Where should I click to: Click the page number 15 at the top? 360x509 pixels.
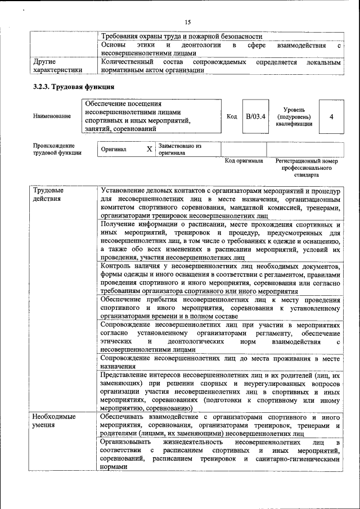pyautogui.click(x=188, y=22)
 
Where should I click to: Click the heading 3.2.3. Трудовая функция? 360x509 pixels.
pyautogui.click(x=73, y=87)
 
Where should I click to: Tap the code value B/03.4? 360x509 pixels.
pyautogui.click(x=255, y=116)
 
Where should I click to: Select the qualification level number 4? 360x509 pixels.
pyautogui.click(x=331, y=116)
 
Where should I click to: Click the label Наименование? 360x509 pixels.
pyautogui.click(x=52, y=116)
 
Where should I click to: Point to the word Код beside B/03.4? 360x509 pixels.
pyautogui.click(x=231, y=116)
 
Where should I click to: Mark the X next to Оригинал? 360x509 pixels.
pyautogui.click(x=149, y=150)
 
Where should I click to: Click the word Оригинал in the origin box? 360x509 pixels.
pyautogui.click(x=114, y=150)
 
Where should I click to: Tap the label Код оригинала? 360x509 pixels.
pyautogui.click(x=244, y=161)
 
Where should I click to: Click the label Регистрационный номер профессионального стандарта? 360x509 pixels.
pyautogui.click(x=307, y=168)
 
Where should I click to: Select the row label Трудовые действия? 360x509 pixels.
pyautogui.click(x=48, y=194)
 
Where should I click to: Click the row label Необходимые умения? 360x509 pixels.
pyautogui.click(x=54, y=421)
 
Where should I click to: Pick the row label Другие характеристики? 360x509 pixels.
pyautogui.click(x=57, y=66)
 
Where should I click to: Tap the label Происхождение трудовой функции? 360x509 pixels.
pyautogui.click(x=57, y=149)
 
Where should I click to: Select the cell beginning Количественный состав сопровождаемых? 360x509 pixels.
pyautogui.click(x=219, y=66)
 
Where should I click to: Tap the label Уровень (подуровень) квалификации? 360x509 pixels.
pyautogui.click(x=294, y=116)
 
